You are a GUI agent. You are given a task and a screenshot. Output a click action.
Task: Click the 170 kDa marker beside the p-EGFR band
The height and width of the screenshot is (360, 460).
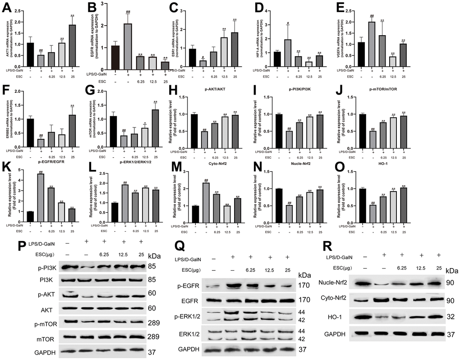click(x=303, y=285)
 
